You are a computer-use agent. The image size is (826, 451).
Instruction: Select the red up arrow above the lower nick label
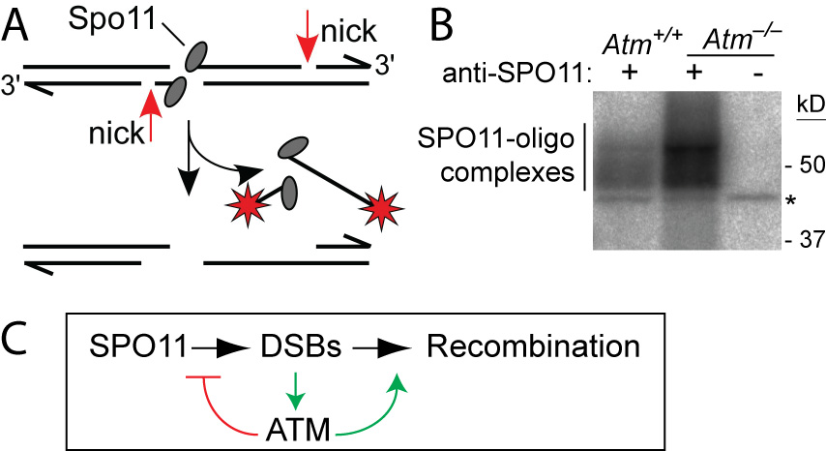(151, 116)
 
